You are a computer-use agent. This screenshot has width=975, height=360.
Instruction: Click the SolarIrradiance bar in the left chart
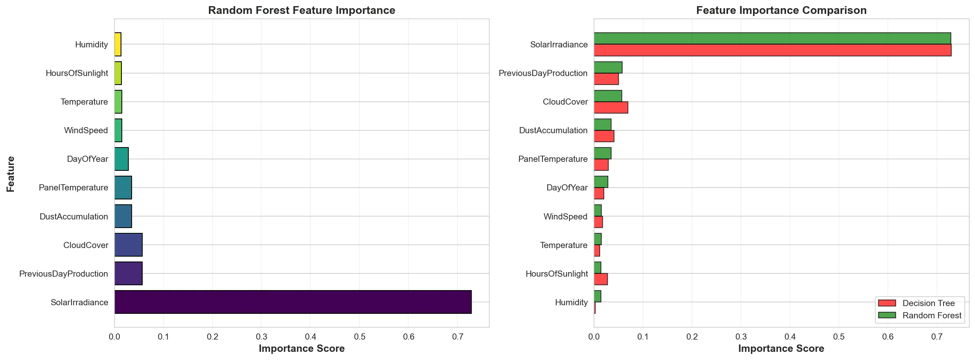point(293,302)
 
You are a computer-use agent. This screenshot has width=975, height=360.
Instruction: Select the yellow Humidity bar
point(118,44)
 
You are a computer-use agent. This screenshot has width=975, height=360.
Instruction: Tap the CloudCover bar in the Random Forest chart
point(128,245)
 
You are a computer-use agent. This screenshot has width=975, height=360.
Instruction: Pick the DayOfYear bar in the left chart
point(121,159)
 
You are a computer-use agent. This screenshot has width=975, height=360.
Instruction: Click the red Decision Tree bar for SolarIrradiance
point(773,50)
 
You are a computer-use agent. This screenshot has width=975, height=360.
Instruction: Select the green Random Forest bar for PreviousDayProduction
point(608,67)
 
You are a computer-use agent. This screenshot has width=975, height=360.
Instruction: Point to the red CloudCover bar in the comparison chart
point(611,107)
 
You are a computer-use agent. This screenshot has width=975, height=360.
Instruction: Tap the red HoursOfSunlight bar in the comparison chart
point(601,279)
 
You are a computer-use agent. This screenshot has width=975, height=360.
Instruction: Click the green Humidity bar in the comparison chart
point(597,296)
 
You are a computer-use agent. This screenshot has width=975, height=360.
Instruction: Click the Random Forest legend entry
point(920,315)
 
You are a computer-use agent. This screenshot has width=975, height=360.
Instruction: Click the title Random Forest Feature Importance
point(302,10)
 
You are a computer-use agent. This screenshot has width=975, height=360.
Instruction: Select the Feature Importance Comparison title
point(781,10)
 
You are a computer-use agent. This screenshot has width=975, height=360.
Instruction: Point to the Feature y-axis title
point(11,174)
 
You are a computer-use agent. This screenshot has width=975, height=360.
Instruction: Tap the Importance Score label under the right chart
point(781,349)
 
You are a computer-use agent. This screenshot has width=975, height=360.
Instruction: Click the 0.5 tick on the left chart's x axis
point(359,337)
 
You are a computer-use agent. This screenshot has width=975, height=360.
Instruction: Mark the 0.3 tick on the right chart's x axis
point(741,337)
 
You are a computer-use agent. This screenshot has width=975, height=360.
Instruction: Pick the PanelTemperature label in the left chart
point(74,188)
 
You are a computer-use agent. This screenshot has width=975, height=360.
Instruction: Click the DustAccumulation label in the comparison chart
point(553,130)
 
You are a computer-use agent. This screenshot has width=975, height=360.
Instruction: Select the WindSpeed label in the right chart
point(565,217)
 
